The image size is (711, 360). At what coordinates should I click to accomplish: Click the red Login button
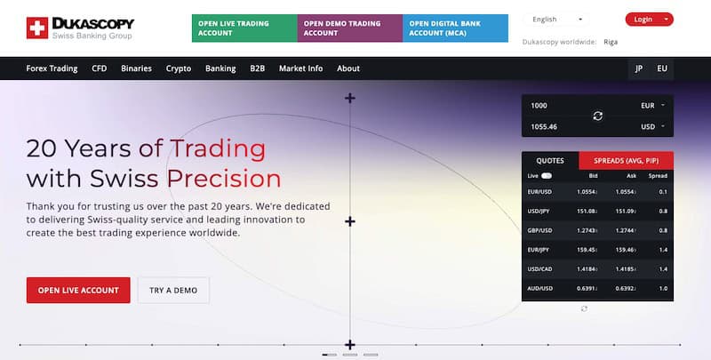(649, 19)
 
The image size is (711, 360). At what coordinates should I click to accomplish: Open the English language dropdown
(557, 19)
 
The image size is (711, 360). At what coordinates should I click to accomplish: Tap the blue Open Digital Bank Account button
(455, 28)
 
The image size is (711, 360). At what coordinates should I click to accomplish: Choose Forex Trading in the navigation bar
(52, 68)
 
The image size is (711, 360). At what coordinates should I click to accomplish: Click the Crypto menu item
(179, 68)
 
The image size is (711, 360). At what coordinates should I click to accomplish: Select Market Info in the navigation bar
(300, 68)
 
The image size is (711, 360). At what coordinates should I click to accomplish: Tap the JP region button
(638, 68)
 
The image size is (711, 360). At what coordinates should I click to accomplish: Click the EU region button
(662, 68)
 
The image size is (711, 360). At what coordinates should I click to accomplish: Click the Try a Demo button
(173, 290)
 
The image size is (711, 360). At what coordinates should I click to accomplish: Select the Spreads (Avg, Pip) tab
(626, 161)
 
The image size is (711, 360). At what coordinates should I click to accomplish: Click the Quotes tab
(550, 161)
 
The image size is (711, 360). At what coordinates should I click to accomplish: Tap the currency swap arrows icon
(597, 116)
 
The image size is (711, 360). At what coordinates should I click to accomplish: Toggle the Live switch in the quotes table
(546, 176)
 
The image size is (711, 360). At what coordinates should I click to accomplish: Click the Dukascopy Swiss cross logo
(37, 28)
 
